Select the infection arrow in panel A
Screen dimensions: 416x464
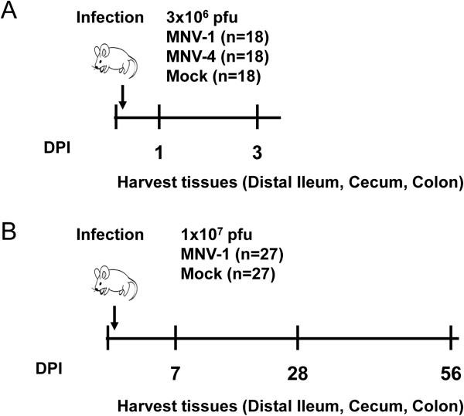click(x=121, y=97)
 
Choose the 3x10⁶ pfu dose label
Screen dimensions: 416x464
click(x=196, y=17)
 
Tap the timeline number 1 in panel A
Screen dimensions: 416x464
click(x=158, y=154)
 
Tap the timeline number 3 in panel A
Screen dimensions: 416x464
click(x=257, y=154)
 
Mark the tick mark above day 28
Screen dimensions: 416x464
click(x=298, y=337)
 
